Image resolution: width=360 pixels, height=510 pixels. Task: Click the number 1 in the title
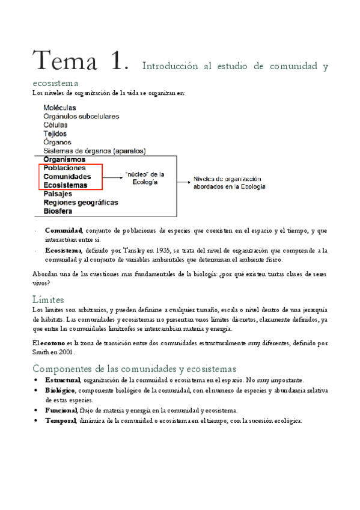pyautogui.click(x=118, y=62)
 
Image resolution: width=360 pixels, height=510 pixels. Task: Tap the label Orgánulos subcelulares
pyautogui.click(x=81, y=116)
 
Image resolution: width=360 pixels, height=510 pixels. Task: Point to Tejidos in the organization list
pyautogui.click(x=55, y=134)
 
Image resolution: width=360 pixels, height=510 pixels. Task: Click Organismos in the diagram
pyautogui.click(x=64, y=159)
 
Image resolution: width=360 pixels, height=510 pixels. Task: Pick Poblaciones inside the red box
pyautogui.click(x=64, y=168)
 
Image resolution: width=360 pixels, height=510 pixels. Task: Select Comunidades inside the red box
pyautogui.click(x=67, y=177)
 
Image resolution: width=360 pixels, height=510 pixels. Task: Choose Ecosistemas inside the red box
pyautogui.click(x=66, y=185)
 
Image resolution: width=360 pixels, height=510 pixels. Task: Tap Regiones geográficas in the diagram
pyautogui.click(x=81, y=203)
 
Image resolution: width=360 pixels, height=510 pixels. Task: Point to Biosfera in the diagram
pyautogui.click(x=58, y=212)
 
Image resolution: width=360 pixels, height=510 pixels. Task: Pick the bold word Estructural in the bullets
pyautogui.click(x=63, y=380)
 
